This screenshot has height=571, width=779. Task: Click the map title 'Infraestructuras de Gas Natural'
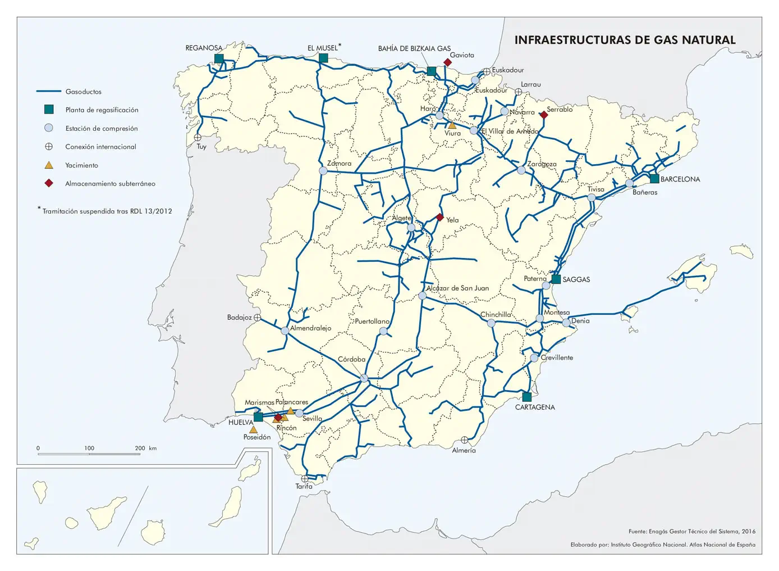(625, 40)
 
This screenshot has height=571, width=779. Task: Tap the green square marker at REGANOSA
(219, 58)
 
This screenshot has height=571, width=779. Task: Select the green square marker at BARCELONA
(654, 179)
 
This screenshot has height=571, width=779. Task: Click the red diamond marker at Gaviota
(447, 62)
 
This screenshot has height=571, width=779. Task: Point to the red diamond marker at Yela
(440, 217)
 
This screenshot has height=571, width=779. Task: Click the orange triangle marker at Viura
(452, 125)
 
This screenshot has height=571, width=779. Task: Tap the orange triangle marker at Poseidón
(253, 430)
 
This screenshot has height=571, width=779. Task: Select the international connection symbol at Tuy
(198, 137)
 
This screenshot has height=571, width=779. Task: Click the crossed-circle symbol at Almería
(464, 440)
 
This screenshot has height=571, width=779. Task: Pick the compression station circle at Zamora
(323, 171)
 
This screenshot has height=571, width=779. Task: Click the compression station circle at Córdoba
(364, 378)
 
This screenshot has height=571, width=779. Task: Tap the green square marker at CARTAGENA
(526, 397)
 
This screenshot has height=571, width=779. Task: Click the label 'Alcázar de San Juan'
(457, 288)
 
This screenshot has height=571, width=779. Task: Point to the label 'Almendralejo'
(310, 328)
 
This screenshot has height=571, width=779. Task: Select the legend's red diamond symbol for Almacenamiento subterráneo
(49, 183)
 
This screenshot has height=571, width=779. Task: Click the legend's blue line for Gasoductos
(48, 92)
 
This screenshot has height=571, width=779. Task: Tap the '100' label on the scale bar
(89, 448)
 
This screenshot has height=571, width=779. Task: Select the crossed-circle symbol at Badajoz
(257, 318)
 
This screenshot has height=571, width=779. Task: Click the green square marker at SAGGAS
(556, 279)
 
